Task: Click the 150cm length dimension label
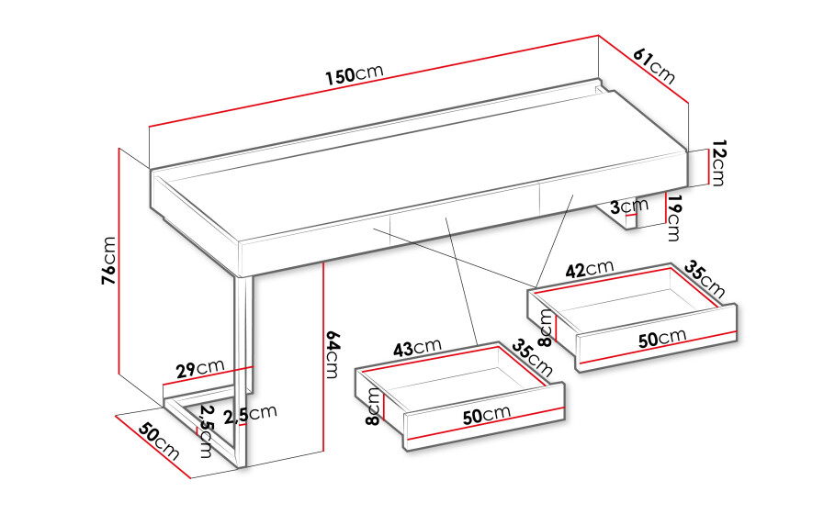355,74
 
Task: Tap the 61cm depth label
654,66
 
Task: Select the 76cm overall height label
108,260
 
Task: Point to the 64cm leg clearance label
332,354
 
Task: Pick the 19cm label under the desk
673,218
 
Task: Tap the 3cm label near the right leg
629,206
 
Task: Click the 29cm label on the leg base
201,368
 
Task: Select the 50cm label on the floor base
159,441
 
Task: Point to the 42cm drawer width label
590,269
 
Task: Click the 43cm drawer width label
417,347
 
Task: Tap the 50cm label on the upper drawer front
662,338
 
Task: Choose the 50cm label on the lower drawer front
487,414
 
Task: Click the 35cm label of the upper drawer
704,279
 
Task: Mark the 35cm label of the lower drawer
532,358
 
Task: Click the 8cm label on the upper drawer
546,328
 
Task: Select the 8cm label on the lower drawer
373,407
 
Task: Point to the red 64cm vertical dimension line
323,357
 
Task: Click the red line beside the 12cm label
707,167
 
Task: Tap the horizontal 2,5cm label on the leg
250,414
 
